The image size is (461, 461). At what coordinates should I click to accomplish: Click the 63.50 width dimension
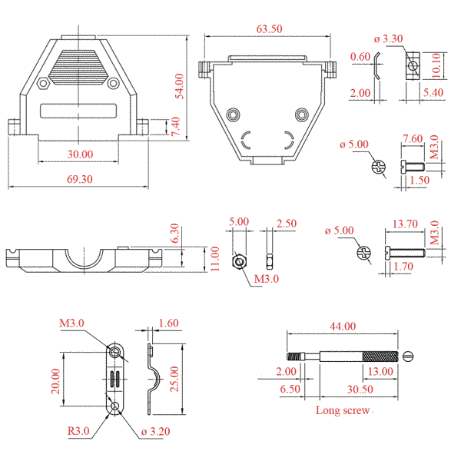[269, 29]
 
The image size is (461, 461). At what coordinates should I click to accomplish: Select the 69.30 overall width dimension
[80, 179]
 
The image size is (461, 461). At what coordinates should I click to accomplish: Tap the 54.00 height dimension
[179, 86]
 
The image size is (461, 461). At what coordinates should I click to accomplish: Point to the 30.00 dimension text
[80, 154]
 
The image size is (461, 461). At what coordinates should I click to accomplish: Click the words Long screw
[343, 410]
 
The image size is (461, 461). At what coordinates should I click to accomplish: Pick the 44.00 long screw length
[343, 326]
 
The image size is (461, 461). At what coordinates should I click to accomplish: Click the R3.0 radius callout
[78, 431]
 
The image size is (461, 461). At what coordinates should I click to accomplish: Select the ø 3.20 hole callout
[155, 431]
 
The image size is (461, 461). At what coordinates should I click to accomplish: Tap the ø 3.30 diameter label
[388, 38]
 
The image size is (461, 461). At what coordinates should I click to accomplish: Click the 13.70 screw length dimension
[405, 224]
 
